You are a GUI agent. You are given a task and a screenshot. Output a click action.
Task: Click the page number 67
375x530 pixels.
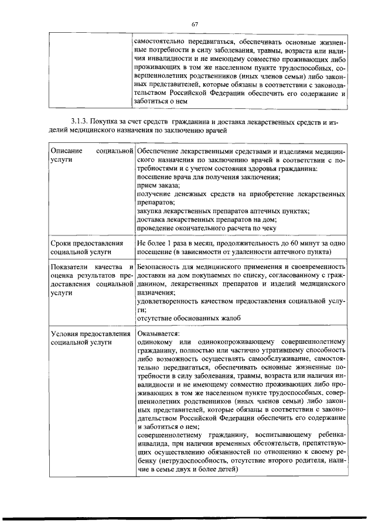click(x=195, y=23)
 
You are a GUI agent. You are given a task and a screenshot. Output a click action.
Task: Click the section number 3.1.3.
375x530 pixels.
click(x=80, y=121)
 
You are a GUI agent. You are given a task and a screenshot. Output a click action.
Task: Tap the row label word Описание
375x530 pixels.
click(x=66, y=152)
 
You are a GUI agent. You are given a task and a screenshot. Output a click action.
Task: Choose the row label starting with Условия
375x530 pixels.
click(x=90, y=334)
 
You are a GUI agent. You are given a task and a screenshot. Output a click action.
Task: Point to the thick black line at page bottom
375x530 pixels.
click(x=187, y=518)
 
